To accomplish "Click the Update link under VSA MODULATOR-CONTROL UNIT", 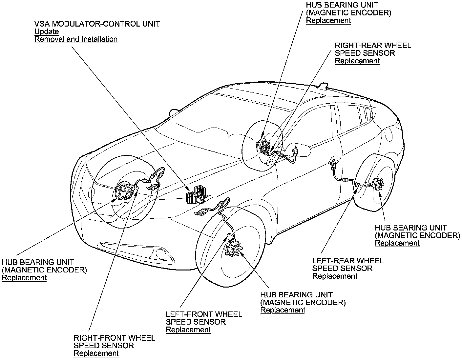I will click(x=47, y=32).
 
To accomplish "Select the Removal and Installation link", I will click(x=76, y=39).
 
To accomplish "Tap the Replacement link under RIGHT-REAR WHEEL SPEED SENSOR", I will click(x=357, y=61).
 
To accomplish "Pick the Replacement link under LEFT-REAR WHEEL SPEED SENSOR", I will click(x=335, y=276).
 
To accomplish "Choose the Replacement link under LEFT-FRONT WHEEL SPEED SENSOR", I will click(x=188, y=330).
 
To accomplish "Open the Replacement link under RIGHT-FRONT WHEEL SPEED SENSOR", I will click(x=96, y=353).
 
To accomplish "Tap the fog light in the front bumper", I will click(x=161, y=253).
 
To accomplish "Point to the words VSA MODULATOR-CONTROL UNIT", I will click(x=97, y=24).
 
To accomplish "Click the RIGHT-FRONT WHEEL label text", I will click(x=114, y=338).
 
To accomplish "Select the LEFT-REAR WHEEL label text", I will click(x=348, y=261).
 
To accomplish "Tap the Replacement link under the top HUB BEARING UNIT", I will click(x=328, y=21).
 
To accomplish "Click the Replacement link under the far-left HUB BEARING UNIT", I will click(x=24, y=278).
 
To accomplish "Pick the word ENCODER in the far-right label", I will click(x=440, y=235).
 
